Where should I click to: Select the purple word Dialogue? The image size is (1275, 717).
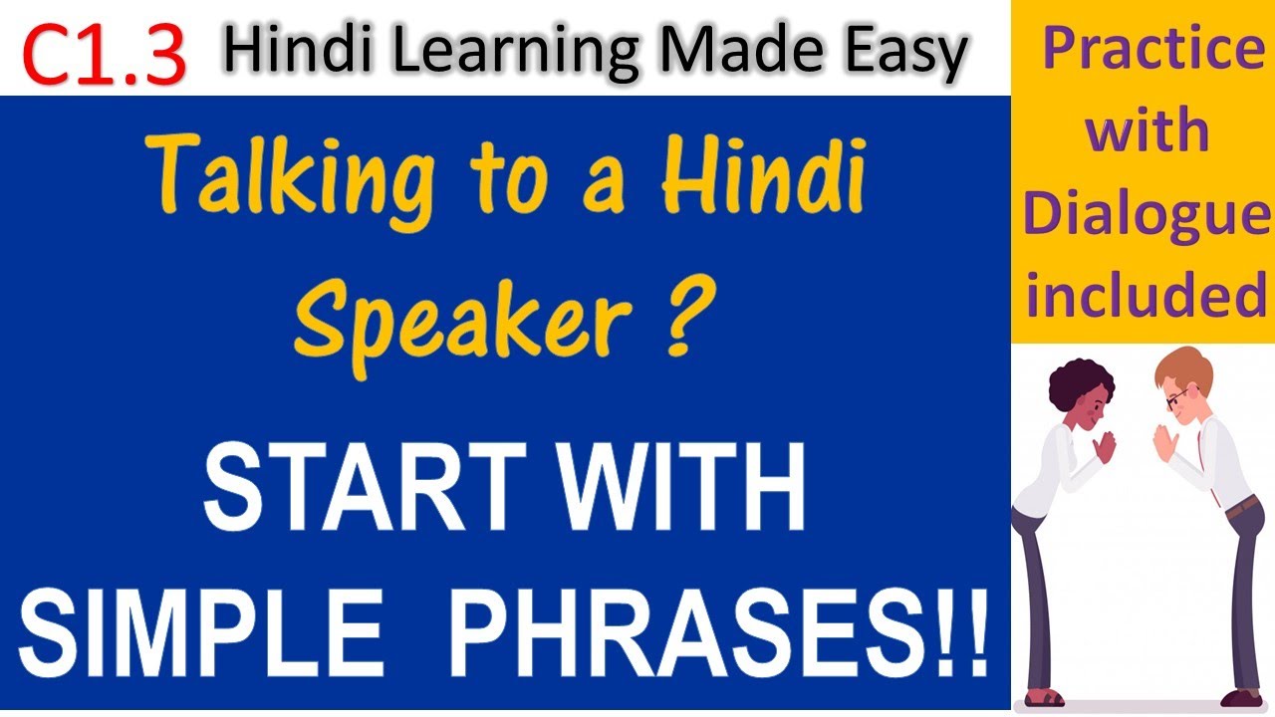(x=1146, y=217)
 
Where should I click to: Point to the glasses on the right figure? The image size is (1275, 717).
(x=1175, y=398)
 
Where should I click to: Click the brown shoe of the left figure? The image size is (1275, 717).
(x=1042, y=696)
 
